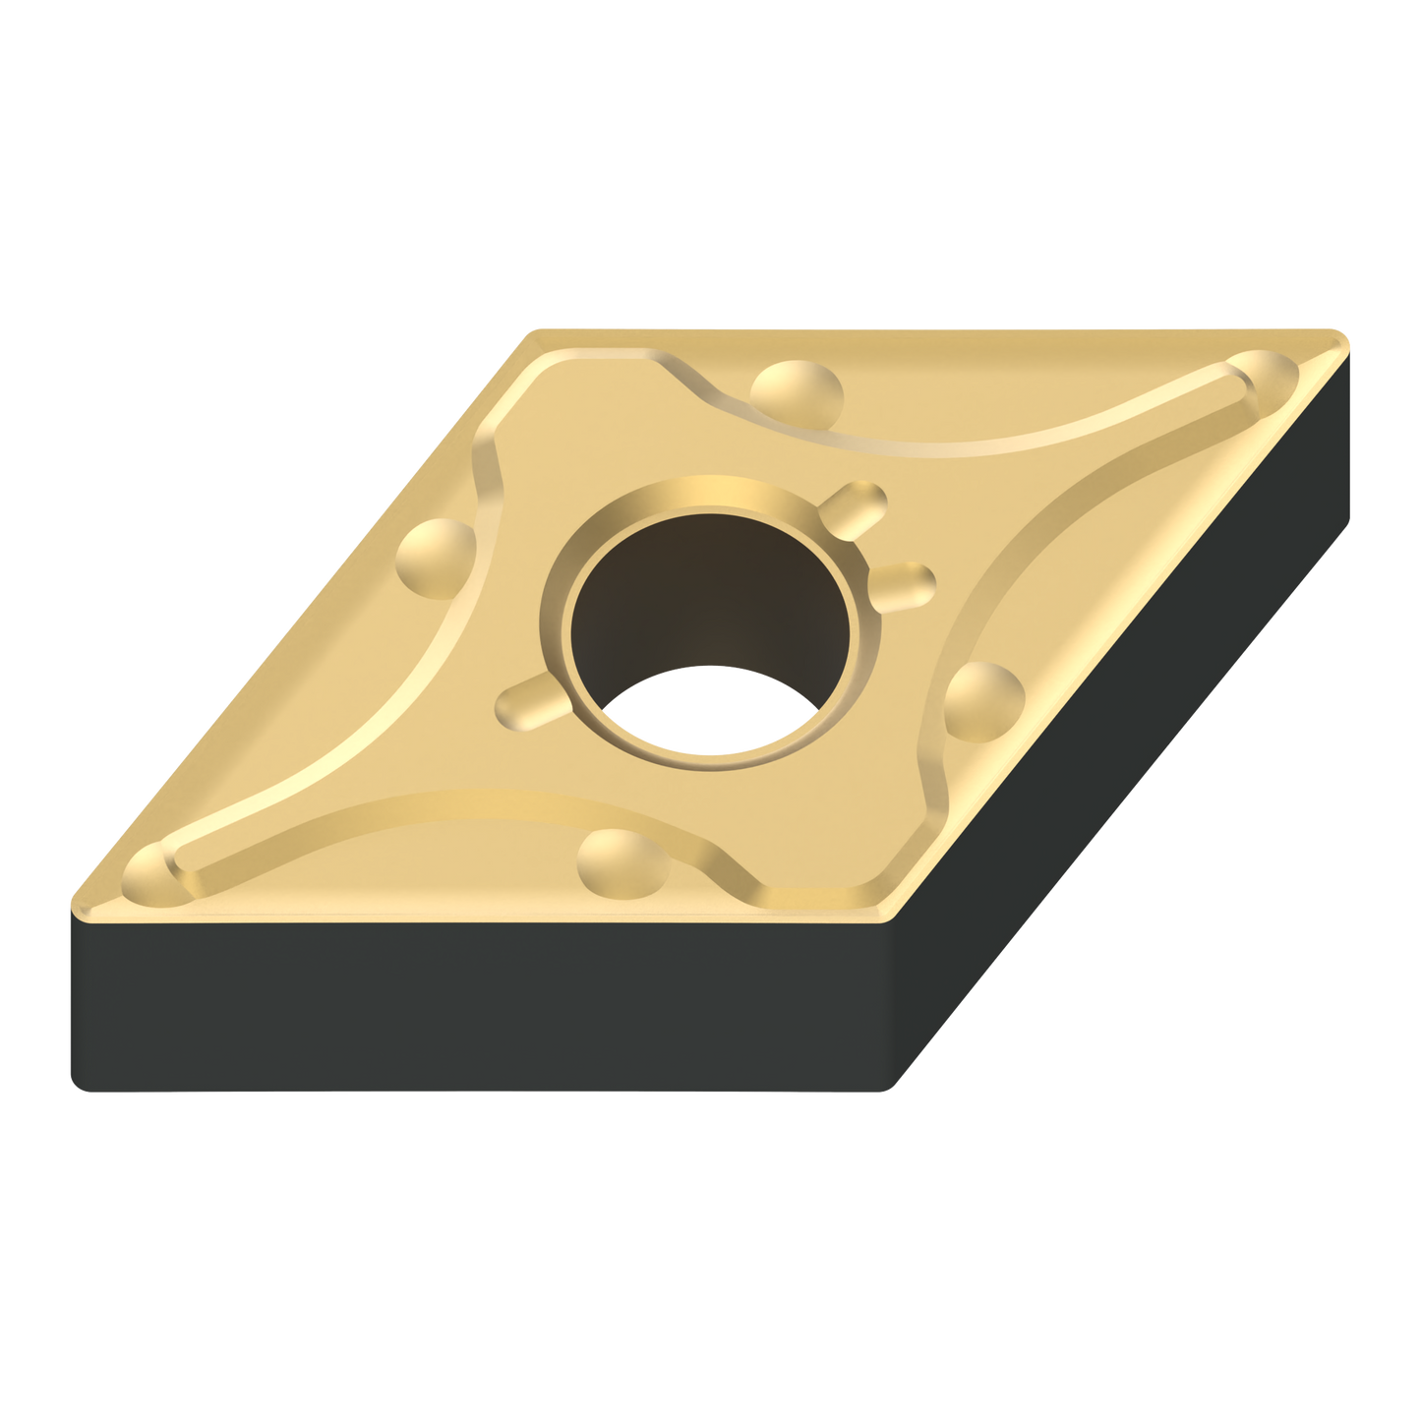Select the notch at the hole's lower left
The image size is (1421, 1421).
(x=531, y=700)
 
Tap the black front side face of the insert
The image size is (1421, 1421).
(x=472, y=1003)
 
